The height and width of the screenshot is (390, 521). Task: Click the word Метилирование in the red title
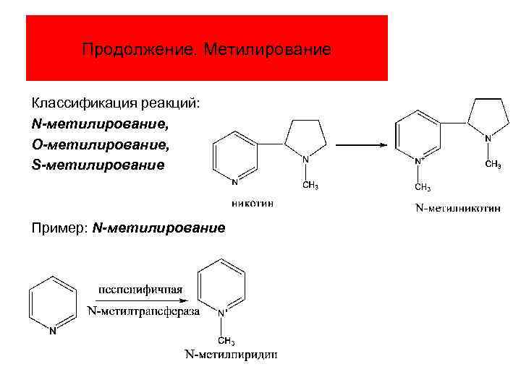coord(267,50)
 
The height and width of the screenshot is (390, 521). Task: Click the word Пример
coord(59,228)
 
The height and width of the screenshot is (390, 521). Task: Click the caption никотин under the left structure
coord(253,203)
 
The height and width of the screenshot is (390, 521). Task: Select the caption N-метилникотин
coord(457,209)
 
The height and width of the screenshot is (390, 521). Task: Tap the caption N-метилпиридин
coord(230,355)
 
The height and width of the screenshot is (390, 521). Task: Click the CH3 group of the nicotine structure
coord(310,186)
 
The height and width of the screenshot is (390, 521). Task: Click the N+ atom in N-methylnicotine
coord(418,158)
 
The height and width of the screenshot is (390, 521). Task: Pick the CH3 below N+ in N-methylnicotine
coord(422,188)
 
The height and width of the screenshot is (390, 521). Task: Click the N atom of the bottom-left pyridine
coord(52,331)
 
